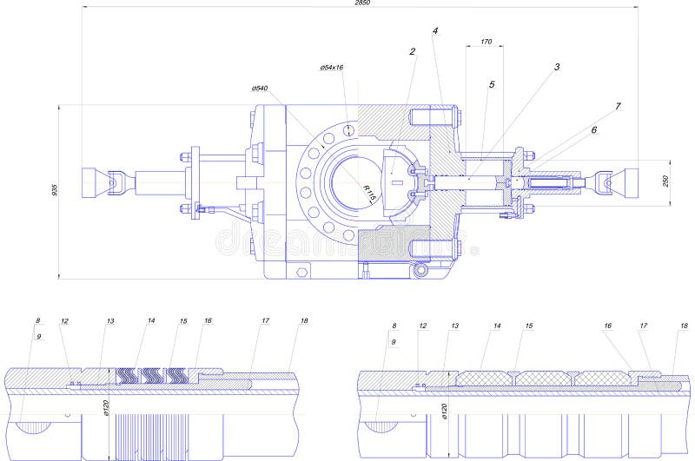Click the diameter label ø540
[259, 89]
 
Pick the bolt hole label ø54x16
[331, 67]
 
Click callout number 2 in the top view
[413, 51]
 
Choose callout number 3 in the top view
[556, 66]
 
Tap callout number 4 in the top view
[435, 30]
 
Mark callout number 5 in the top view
[492, 85]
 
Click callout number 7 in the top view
[618, 106]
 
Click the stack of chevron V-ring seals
[152, 374]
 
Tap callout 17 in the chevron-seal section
[265, 321]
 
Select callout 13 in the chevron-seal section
[110, 321]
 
